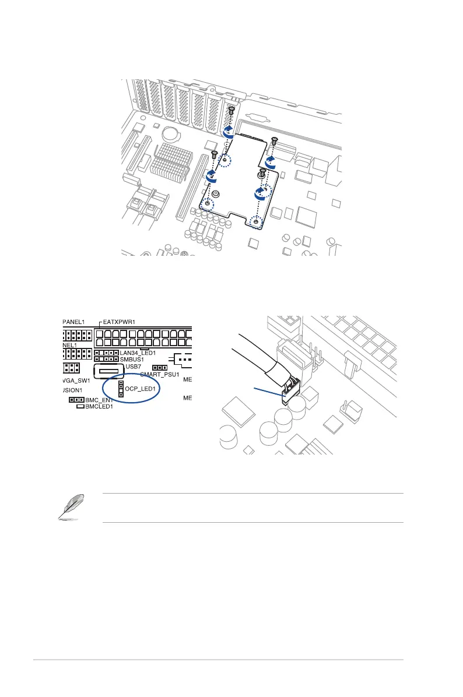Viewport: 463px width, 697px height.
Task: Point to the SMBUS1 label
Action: [132, 360]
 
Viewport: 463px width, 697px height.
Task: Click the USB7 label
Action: [133, 367]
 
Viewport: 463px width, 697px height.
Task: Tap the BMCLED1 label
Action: [99, 407]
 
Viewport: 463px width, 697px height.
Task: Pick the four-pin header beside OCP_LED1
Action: [121, 390]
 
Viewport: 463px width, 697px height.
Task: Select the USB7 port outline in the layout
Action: [110, 371]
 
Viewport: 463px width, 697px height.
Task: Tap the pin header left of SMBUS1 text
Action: [107, 360]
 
